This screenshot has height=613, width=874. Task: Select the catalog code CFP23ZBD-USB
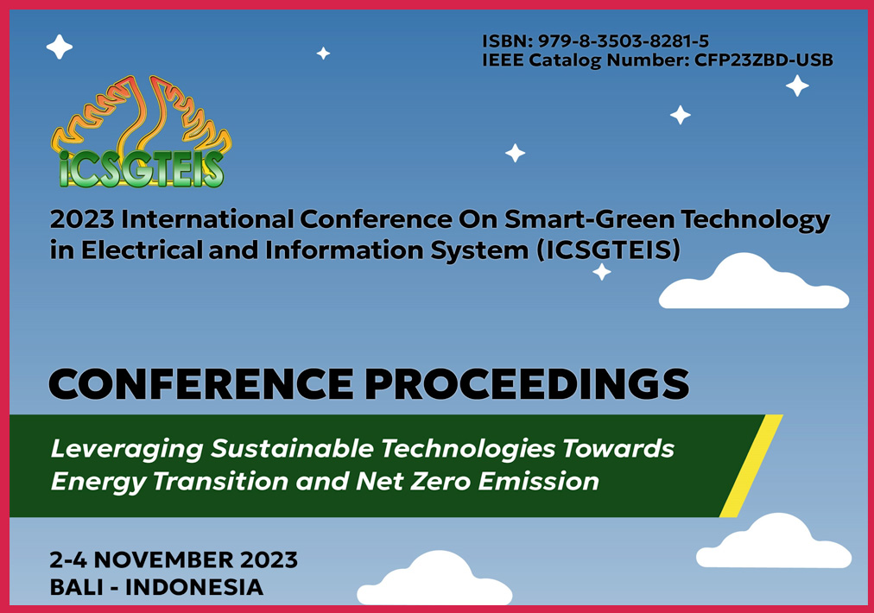pyautogui.click(x=763, y=60)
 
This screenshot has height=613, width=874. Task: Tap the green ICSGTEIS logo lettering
pyautogui.click(x=142, y=169)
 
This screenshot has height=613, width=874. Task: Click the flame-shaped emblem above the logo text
pyautogui.click(x=142, y=114)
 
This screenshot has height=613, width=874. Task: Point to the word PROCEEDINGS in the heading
pyautogui.click(x=527, y=384)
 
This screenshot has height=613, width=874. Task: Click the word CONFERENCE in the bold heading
pyautogui.click(x=200, y=384)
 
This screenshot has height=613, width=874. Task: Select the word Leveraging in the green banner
pyautogui.click(x=127, y=450)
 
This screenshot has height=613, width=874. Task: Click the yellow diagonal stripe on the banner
pyautogui.click(x=750, y=466)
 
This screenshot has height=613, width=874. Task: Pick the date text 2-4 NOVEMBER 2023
pyautogui.click(x=174, y=560)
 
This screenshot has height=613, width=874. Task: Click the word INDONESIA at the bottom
pyautogui.click(x=194, y=587)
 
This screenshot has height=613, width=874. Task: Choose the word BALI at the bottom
pyautogui.click(x=78, y=587)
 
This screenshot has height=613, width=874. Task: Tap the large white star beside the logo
pyautogui.click(x=59, y=47)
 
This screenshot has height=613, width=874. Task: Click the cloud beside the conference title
pyautogui.click(x=754, y=283)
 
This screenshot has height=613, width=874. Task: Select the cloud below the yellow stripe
pyautogui.click(x=774, y=542)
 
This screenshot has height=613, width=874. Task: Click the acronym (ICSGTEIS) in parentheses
pyautogui.click(x=608, y=250)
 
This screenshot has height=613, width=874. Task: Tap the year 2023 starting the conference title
pyautogui.click(x=82, y=219)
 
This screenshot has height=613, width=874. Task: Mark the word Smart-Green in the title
pyautogui.click(x=589, y=219)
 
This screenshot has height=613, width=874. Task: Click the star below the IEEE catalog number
pyautogui.click(x=797, y=85)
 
